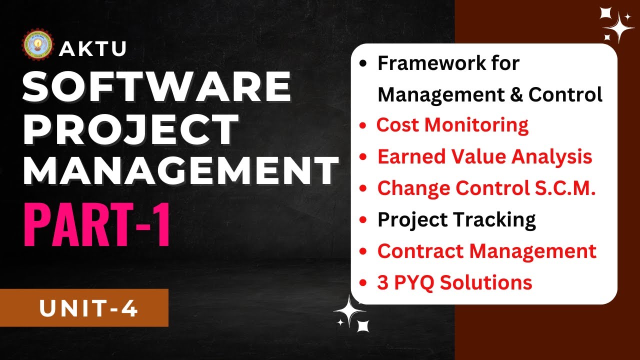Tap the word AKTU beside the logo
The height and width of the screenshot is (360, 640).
92,49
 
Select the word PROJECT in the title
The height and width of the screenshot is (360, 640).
131,130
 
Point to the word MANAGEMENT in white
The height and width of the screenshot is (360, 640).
180,170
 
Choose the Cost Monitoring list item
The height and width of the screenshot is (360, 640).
452,125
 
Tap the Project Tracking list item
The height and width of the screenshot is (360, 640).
456,219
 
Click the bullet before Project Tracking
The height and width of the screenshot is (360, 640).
363,220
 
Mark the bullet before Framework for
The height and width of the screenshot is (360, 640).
363,64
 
